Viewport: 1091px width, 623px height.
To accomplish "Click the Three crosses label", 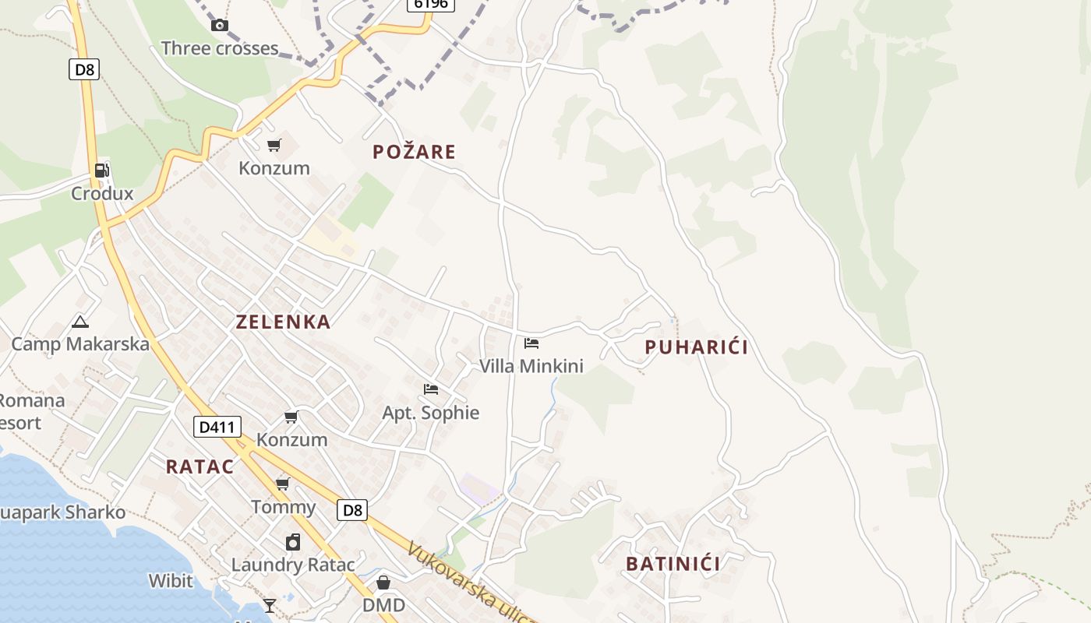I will [x=220, y=48].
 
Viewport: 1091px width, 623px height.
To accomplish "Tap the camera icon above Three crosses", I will [x=220, y=25].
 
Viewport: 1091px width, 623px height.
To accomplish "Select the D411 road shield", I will [x=217, y=427].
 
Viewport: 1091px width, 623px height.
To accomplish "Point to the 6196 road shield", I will [x=431, y=4].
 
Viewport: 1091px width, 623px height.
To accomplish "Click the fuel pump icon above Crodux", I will [x=102, y=171].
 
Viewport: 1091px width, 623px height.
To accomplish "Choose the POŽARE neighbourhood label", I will [x=414, y=152].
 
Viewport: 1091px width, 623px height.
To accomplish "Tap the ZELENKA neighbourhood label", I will [x=283, y=322].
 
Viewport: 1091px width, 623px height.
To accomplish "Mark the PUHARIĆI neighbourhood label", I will [x=696, y=347].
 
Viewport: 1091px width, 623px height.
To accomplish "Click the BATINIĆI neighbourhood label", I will [x=673, y=564].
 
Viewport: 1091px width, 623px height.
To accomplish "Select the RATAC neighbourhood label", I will [x=199, y=466].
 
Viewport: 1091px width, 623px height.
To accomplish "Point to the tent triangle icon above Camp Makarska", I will [x=79, y=321].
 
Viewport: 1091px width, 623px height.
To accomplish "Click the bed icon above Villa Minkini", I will [x=531, y=343].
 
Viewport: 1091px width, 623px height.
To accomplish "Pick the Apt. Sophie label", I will [x=430, y=413].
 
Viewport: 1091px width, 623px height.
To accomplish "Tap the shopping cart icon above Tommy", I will [x=283, y=484].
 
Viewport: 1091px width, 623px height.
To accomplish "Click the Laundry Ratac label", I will [x=293, y=565].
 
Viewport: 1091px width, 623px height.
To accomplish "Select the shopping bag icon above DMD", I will [x=383, y=583].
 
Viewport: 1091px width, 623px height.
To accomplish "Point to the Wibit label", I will [x=171, y=580].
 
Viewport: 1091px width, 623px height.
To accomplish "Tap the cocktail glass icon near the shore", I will [x=270, y=605].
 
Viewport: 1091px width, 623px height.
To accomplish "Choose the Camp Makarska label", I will [x=80, y=343].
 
